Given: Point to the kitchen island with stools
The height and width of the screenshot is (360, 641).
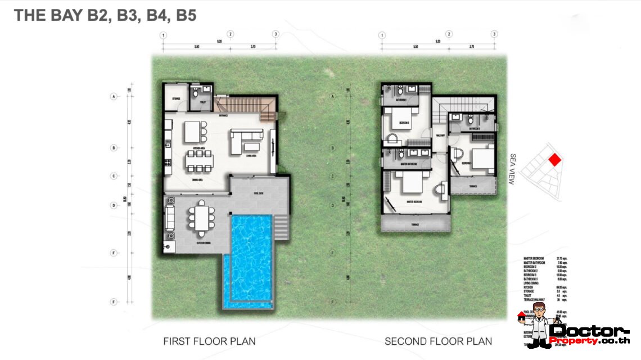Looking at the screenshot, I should (x=193, y=132).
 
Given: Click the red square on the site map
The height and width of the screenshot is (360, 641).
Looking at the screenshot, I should (x=554, y=160).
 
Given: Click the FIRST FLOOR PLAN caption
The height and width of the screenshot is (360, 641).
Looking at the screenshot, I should (x=209, y=341).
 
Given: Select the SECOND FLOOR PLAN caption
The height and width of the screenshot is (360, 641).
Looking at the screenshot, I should (x=438, y=341).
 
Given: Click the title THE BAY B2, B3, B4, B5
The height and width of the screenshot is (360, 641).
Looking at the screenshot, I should (x=105, y=15).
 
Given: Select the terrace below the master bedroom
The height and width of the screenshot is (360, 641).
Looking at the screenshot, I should (x=416, y=224).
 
